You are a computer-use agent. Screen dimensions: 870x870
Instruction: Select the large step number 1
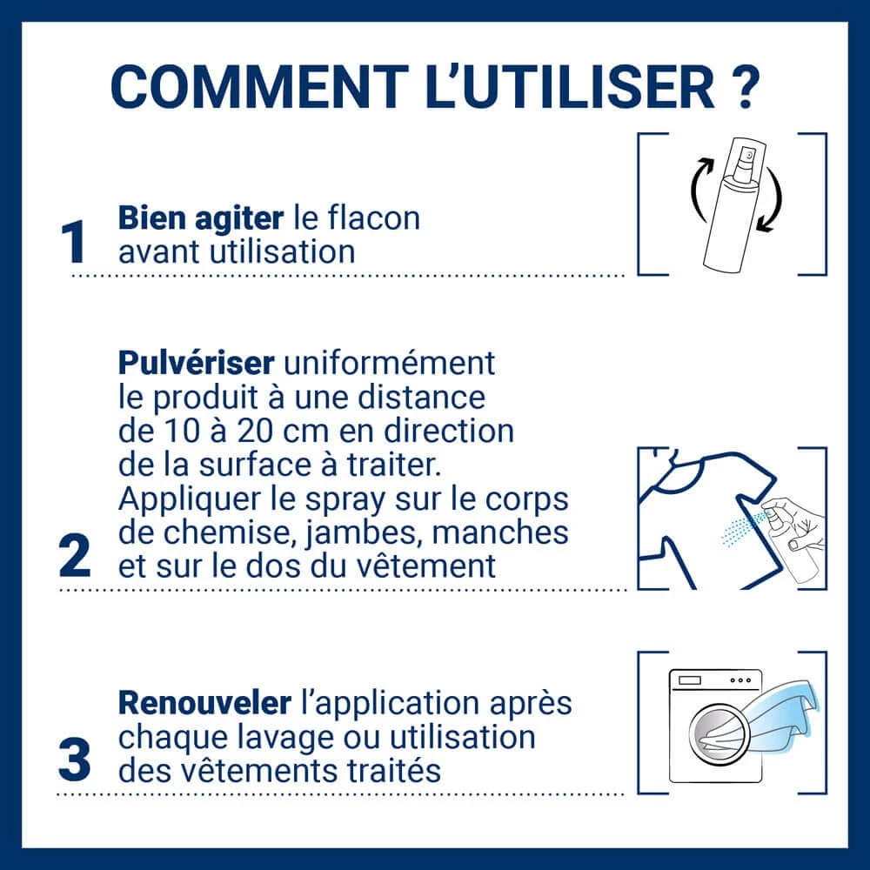(73, 242)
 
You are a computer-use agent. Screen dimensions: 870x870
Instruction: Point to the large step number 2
(75, 555)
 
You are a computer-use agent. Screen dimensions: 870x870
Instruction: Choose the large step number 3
(74, 760)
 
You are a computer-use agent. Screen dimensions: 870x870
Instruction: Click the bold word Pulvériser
(196, 363)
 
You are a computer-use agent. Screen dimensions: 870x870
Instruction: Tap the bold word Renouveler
(204, 703)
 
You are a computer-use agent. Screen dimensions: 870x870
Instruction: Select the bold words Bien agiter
(201, 219)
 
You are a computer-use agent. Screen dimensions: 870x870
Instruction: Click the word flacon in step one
(374, 218)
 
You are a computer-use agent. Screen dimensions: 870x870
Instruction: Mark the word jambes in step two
(363, 533)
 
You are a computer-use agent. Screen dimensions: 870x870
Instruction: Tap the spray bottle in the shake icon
(732, 204)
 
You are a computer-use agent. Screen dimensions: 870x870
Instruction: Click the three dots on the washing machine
(740, 679)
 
